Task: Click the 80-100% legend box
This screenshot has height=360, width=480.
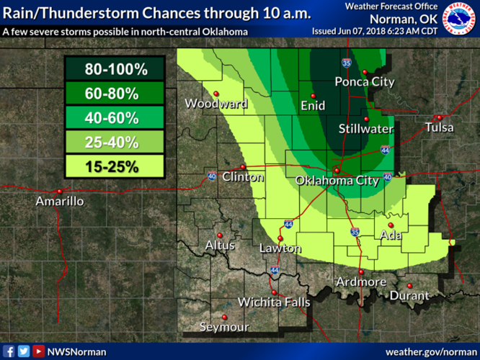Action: click(x=116, y=70)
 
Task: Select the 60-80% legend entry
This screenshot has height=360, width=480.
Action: click(x=116, y=94)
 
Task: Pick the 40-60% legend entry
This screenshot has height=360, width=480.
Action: click(x=116, y=119)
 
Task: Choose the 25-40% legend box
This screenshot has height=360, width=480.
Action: click(x=116, y=143)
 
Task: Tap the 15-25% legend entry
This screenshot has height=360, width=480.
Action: click(x=116, y=167)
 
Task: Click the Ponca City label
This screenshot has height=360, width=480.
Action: click(x=365, y=82)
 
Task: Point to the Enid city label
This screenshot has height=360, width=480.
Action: click(x=313, y=106)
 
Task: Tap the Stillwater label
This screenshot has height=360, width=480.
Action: click(x=367, y=130)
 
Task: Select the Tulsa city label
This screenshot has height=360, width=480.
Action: click(x=440, y=127)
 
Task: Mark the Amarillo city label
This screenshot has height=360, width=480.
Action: click(x=60, y=202)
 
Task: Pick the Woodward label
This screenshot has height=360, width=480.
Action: click(x=216, y=104)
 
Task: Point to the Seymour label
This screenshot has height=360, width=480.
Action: click(x=224, y=327)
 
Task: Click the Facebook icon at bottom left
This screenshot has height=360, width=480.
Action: click(x=9, y=351)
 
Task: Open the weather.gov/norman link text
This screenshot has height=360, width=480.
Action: click(x=431, y=351)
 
